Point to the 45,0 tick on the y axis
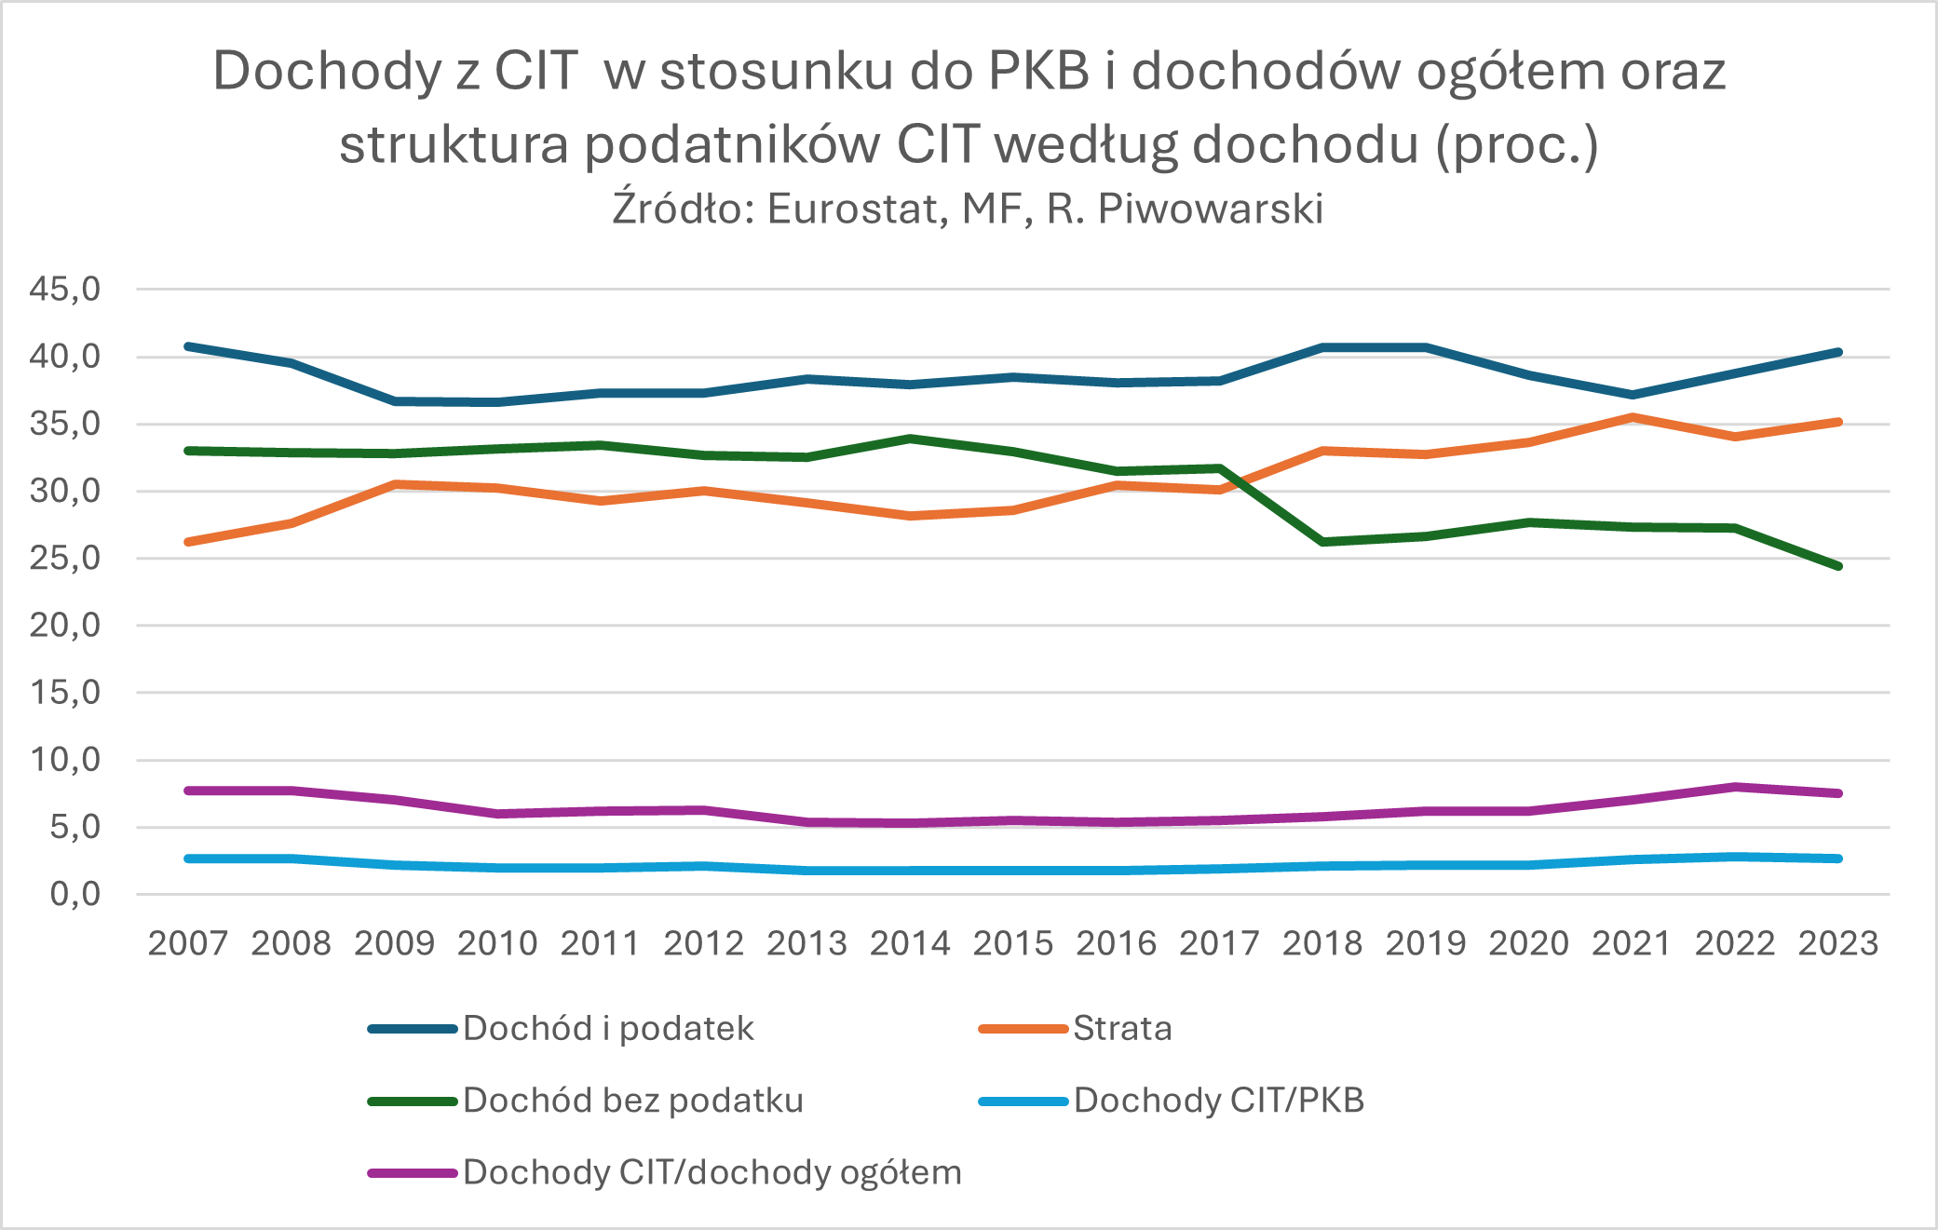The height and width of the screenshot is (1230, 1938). [x=65, y=290]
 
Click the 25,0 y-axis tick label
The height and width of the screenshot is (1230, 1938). [x=65, y=559]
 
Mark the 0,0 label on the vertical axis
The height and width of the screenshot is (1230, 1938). [x=75, y=895]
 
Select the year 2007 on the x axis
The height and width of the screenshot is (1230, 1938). [x=188, y=943]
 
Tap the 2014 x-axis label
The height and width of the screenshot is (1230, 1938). [x=910, y=943]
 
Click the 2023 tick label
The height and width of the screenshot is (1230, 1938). [x=1838, y=943]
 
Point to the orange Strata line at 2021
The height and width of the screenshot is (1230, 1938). [x=1632, y=417]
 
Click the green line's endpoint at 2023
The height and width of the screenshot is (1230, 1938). [x=1838, y=566]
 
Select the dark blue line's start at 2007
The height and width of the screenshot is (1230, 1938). [x=188, y=346]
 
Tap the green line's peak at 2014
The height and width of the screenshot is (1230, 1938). [x=910, y=439]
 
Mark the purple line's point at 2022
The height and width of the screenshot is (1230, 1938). [x=1735, y=787]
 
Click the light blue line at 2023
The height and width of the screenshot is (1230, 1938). [x=1838, y=858]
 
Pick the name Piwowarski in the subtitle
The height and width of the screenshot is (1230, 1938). [x=1212, y=209]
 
